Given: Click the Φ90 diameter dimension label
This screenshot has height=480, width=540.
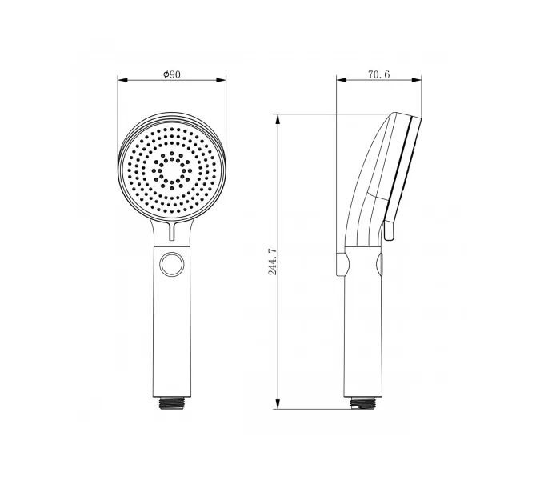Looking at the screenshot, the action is click(172, 74).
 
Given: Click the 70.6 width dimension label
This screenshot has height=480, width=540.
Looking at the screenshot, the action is click(379, 74).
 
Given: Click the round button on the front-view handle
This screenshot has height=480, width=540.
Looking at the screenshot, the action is click(172, 265).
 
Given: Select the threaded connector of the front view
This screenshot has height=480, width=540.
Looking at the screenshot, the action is click(172, 402).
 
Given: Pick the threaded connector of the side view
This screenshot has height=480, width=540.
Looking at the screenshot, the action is click(362, 403).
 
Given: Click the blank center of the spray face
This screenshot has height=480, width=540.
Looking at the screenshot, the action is click(172, 170).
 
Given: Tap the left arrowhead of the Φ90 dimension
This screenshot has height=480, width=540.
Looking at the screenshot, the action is click(122, 80).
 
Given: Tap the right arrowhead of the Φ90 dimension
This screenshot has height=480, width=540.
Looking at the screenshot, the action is click(221, 80).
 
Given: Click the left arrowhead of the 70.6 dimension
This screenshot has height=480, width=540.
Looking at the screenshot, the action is click(342, 80).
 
